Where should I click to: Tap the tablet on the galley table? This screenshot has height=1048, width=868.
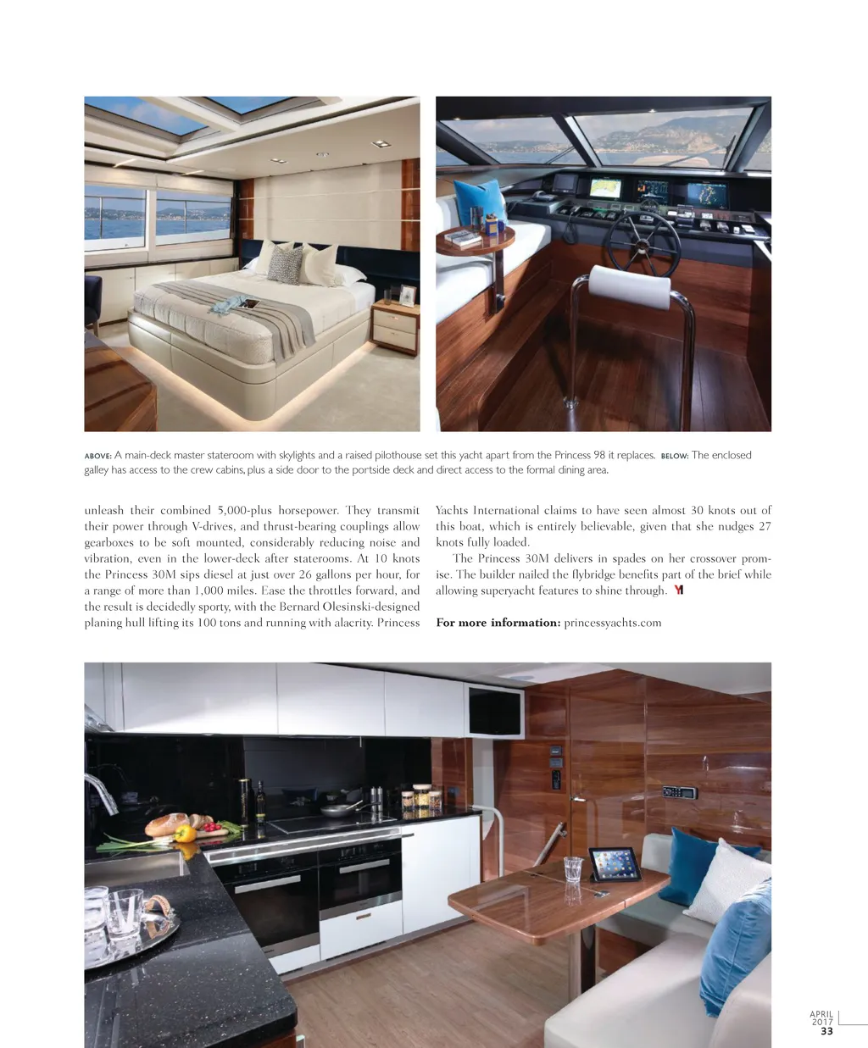tap(615, 864)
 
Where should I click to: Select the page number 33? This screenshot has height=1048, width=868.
tap(826, 1031)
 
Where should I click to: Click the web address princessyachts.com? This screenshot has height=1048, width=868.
tap(612, 623)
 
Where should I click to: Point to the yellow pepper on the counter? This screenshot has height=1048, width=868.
tap(185, 833)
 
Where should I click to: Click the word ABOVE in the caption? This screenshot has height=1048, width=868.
tap(97, 456)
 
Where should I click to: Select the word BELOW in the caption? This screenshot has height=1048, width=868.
tap(674, 456)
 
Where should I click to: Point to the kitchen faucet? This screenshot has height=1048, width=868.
tap(100, 792)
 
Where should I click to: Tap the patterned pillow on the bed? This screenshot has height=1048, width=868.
tap(285, 265)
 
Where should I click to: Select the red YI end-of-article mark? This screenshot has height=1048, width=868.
tap(678, 591)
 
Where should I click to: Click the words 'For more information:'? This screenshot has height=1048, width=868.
tap(498, 623)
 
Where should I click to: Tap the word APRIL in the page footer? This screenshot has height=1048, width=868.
tap(821, 1014)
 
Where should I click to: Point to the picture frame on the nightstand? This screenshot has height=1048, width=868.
tap(408, 296)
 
